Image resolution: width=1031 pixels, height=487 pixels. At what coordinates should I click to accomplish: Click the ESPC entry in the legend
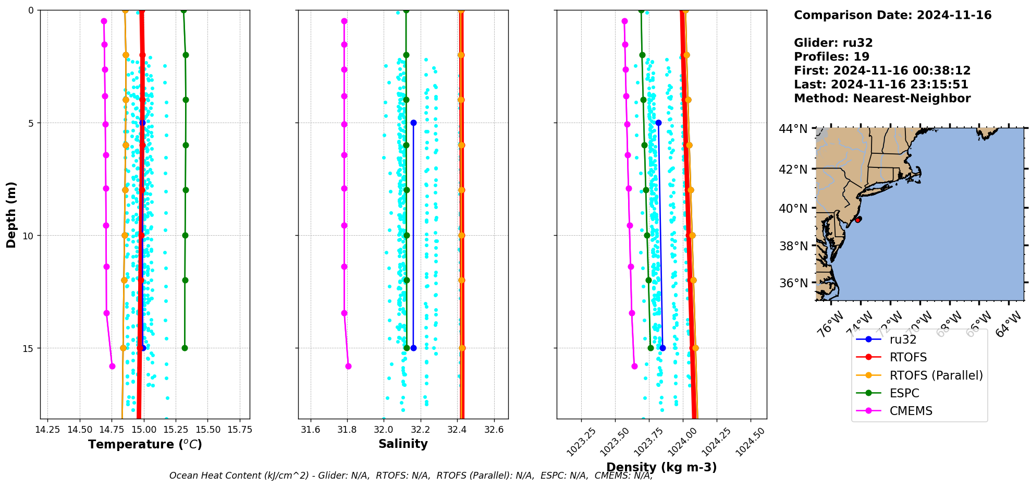point(904,393)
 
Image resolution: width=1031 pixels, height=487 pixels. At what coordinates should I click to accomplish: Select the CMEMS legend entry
point(911,411)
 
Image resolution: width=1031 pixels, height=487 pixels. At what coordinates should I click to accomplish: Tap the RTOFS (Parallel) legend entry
point(936,375)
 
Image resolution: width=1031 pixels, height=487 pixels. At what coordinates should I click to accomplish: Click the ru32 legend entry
point(903,339)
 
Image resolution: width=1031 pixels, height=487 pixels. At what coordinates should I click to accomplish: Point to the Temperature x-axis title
point(145,444)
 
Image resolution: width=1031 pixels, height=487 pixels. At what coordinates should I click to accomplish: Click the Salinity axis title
point(403,444)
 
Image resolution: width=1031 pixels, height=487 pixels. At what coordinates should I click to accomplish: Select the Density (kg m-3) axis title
point(661,467)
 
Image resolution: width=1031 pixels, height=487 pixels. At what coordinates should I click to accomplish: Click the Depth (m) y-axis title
point(11,214)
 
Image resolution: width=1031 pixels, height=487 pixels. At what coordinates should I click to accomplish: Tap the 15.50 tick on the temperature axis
point(207,430)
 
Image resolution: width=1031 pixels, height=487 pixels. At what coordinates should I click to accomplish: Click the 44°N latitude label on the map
point(793,129)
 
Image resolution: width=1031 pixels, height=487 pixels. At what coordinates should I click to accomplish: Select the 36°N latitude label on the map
point(793,283)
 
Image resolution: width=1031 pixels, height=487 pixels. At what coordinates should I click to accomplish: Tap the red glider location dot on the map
point(858,220)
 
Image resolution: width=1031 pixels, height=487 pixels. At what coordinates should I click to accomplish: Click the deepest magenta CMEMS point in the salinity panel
point(348,366)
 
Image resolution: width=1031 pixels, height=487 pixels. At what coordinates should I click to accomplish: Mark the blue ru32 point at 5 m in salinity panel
point(413,123)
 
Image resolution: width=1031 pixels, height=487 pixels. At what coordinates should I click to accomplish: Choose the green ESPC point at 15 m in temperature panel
point(185,348)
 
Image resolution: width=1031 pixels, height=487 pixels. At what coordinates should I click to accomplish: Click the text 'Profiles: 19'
point(831,57)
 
